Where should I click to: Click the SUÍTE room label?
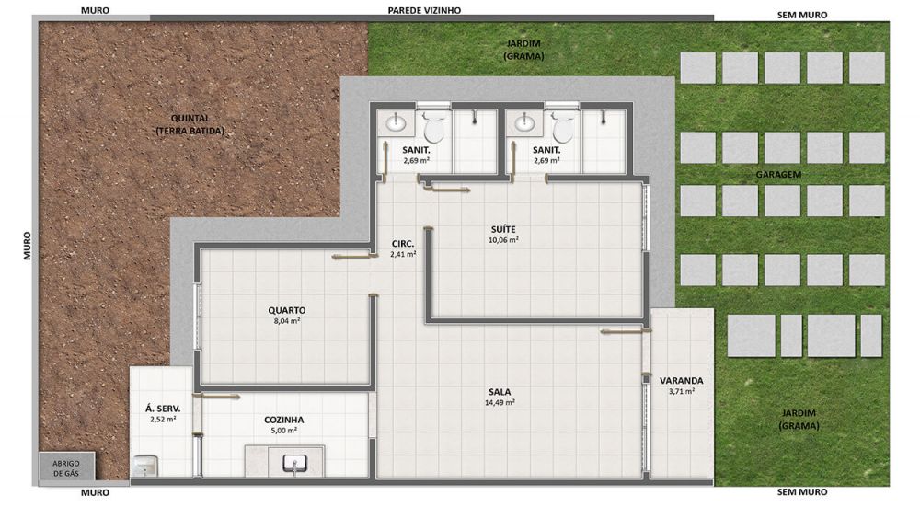(503, 229)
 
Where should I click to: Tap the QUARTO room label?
(287, 310)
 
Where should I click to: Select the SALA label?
(500, 392)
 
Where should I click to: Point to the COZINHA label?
(284, 421)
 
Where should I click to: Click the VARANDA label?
(681, 381)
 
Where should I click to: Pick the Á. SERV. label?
(163, 409)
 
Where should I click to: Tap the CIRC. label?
(403, 244)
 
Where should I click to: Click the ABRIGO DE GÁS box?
(66, 468)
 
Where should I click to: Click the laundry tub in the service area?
(144, 467)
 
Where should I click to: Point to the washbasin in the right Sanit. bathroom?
(523, 123)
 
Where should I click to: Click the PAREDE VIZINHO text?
(424, 10)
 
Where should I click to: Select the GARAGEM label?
(778, 175)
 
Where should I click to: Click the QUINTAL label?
(190, 119)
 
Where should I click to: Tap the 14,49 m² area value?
(500, 402)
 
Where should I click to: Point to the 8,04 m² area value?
(287, 321)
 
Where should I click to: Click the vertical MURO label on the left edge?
(28, 246)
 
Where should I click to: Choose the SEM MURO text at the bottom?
(802, 492)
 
